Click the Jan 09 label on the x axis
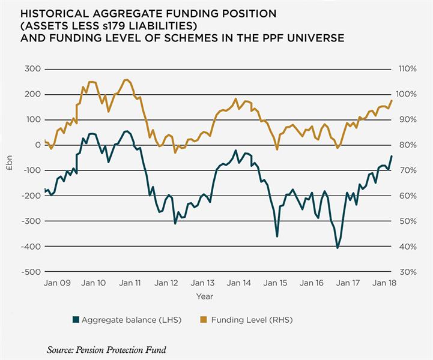[58, 283]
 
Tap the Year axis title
[204, 296]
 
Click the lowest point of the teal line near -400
[338, 247]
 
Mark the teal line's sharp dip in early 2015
[277, 236]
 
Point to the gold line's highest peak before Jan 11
[126, 80]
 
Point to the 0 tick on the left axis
[37, 145]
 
